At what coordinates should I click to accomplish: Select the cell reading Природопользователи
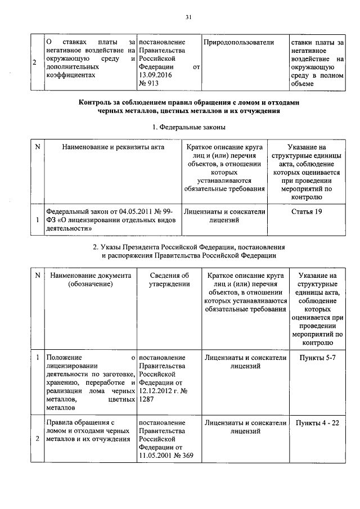click(238, 42)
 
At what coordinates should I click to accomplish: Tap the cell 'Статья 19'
click(307, 211)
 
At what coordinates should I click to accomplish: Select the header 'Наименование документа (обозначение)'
click(90, 280)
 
